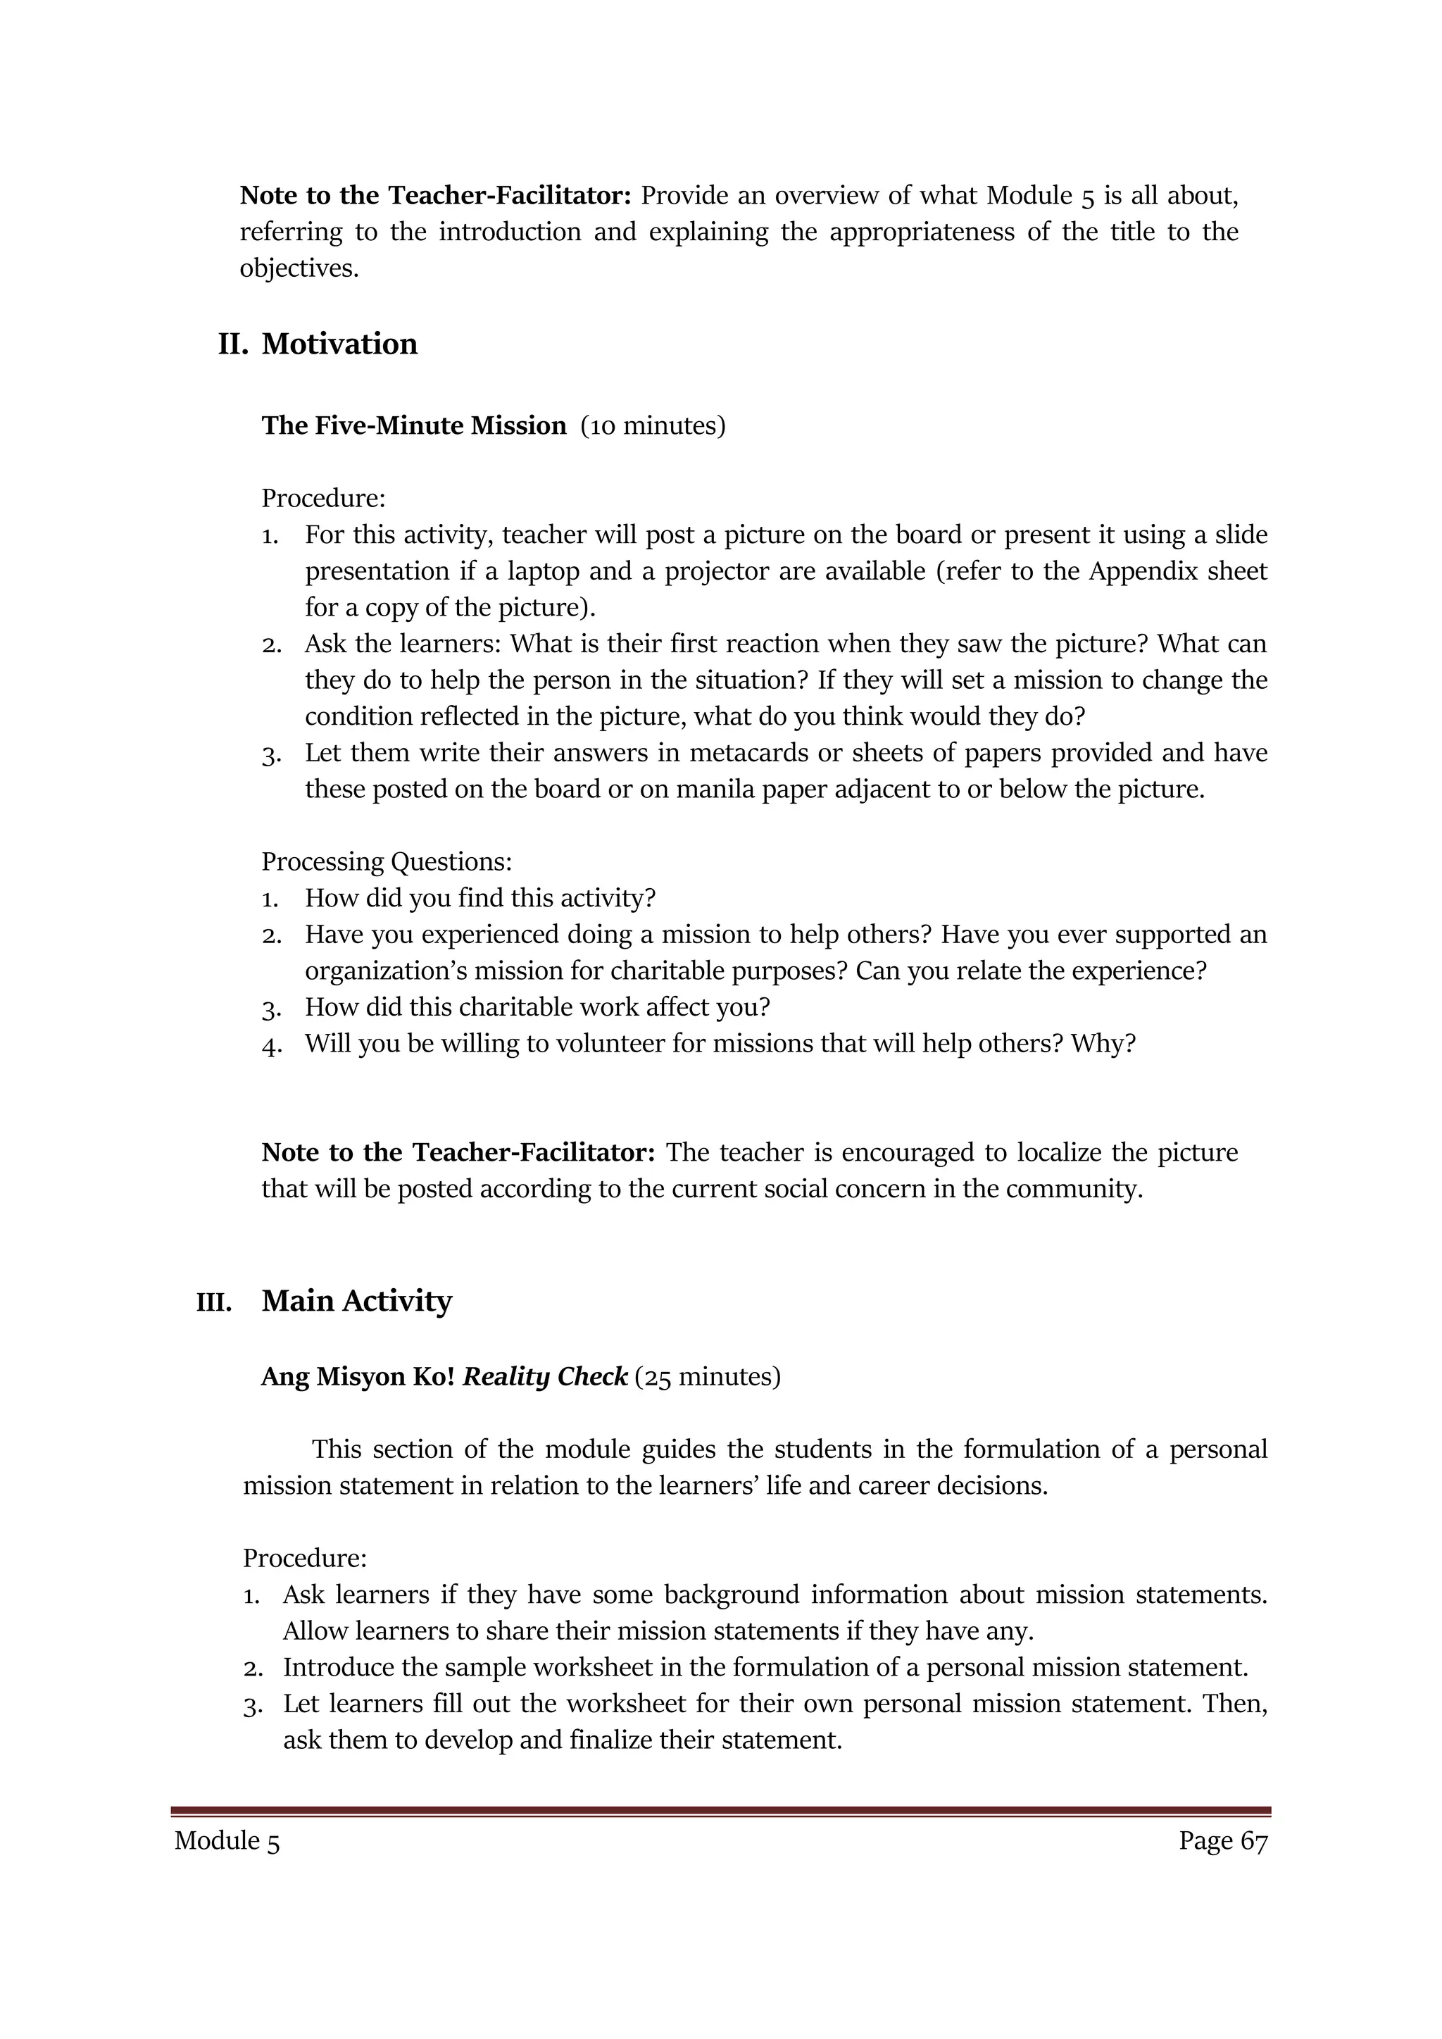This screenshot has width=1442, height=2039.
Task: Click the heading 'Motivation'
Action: (x=339, y=344)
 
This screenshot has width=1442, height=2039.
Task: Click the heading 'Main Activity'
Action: (x=356, y=1301)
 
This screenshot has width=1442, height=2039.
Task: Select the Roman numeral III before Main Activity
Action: (x=214, y=1304)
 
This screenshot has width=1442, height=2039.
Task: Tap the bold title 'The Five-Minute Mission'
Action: (x=414, y=425)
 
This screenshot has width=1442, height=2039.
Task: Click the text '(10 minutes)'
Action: (x=653, y=425)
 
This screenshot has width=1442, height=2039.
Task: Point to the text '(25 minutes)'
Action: (x=708, y=1376)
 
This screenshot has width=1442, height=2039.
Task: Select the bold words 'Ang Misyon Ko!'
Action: (x=358, y=1376)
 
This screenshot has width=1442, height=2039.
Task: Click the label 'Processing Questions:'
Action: (x=387, y=861)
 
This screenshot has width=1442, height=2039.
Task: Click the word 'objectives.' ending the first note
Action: (x=299, y=268)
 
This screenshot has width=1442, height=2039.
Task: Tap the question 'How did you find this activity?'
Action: (x=479, y=898)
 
